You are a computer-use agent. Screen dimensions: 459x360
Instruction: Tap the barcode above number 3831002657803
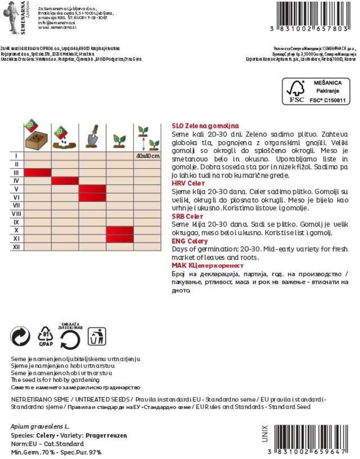[313, 13]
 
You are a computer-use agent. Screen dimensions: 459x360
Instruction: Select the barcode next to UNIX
[311, 435]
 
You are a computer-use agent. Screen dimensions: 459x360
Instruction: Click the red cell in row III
[38, 173]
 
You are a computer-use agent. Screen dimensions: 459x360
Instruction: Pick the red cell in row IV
[65, 181]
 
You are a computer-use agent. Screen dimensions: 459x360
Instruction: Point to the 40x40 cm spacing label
[147, 156]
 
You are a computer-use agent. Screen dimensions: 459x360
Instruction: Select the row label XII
[16, 247]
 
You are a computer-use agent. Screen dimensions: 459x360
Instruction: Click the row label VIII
[16, 214]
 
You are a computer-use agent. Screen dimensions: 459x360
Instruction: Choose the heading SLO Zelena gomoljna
[205, 126]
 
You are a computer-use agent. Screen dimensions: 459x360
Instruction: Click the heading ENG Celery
[189, 241]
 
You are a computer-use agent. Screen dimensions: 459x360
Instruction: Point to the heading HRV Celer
[188, 183]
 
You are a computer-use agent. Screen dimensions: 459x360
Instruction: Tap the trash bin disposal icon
[97, 337]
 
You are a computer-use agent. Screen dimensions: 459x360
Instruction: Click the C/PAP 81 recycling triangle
[46, 336]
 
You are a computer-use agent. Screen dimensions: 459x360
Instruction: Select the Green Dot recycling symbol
[20, 337]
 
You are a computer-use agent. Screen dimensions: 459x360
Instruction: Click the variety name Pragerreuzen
[106, 435]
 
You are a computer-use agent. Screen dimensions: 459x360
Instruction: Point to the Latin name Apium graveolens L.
[40, 426]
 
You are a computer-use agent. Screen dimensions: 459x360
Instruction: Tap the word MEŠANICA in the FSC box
[327, 83]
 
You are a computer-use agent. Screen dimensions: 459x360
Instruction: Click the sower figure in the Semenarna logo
[11, 17]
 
